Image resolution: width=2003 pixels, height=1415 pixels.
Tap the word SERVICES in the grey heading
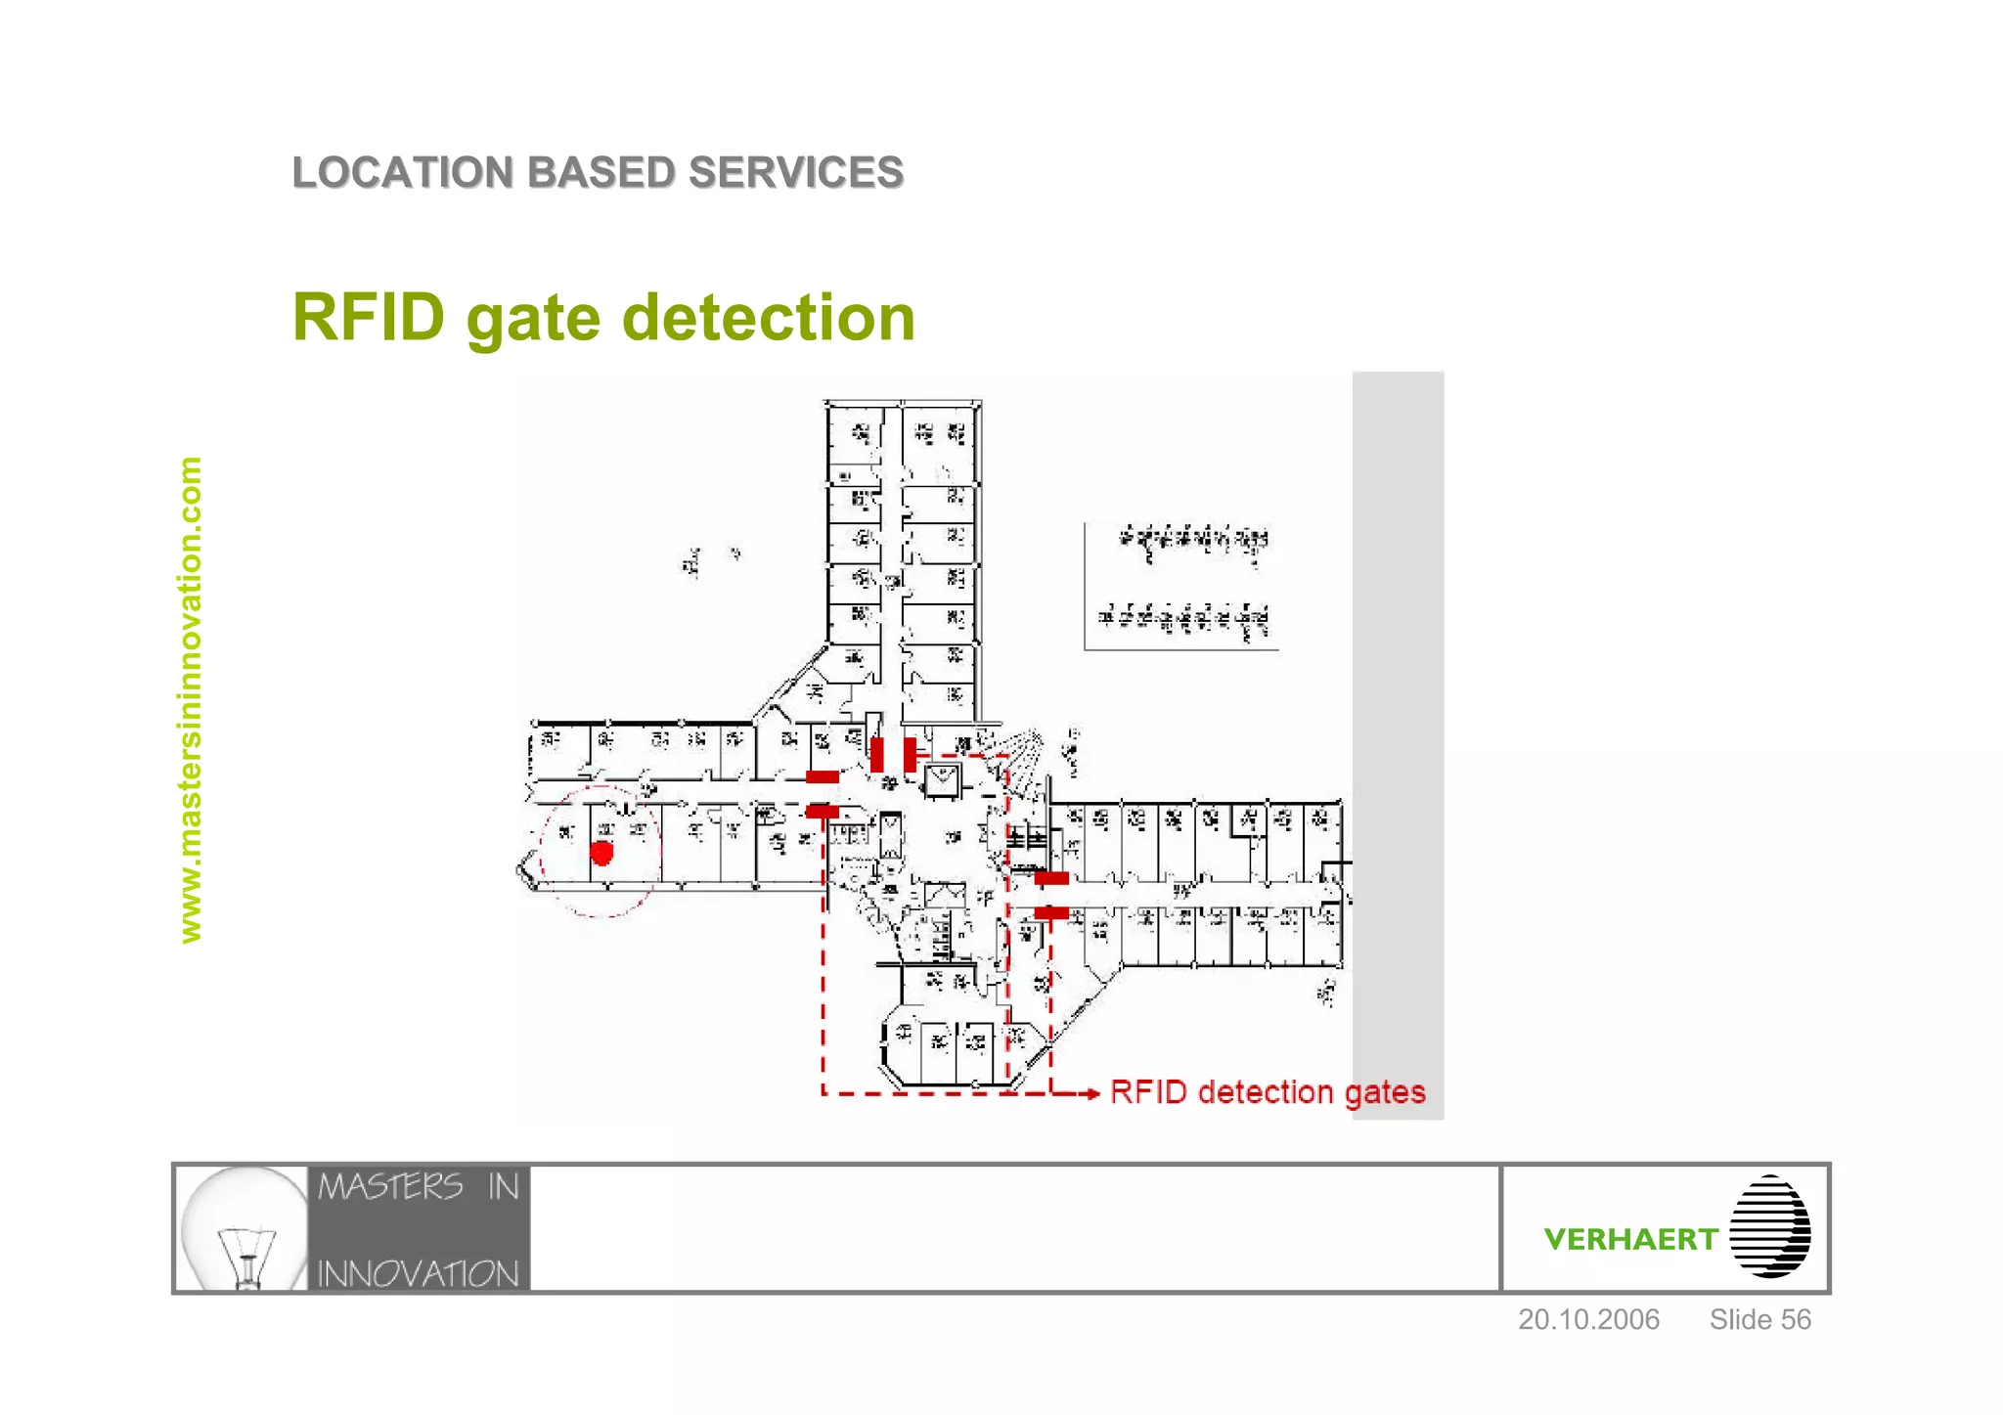pyautogui.click(x=795, y=173)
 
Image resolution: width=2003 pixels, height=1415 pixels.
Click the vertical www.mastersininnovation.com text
pyautogui.click(x=191, y=700)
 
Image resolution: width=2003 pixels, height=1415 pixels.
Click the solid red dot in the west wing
pyautogui.click(x=601, y=854)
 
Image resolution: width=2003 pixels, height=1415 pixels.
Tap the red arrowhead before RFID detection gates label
pyautogui.click(x=1092, y=1093)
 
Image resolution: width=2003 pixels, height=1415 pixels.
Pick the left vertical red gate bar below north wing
pyautogui.click(x=877, y=755)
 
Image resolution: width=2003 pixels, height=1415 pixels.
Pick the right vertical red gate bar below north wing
pyautogui.click(x=910, y=755)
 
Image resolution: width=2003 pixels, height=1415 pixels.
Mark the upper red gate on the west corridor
pyautogui.click(x=822, y=777)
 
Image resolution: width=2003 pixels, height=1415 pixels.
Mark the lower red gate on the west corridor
pyautogui.click(x=822, y=812)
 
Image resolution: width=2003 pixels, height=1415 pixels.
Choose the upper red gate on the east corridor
pyautogui.click(x=1051, y=878)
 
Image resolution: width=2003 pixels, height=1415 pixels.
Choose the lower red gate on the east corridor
pyautogui.click(x=1051, y=913)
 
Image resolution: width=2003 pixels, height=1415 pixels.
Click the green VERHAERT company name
pyautogui.click(x=1630, y=1240)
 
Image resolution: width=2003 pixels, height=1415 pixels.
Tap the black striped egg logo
pyautogui.click(x=1769, y=1227)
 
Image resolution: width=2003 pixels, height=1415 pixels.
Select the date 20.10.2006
pyautogui.click(x=1588, y=1320)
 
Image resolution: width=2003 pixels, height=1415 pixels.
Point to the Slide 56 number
pyautogui.click(x=1759, y=1320)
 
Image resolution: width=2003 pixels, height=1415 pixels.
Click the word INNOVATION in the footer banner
pyautogui.click(x=418, y=1274)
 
